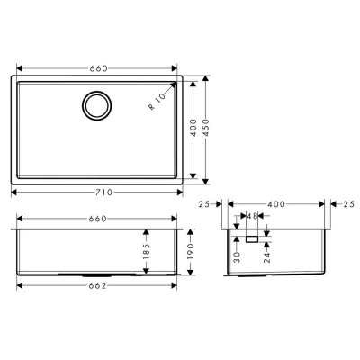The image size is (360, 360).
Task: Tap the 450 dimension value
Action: [x=205, y=128]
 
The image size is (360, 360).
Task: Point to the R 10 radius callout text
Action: [x=157, y=102]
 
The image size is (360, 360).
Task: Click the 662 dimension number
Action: [x=97, y=286]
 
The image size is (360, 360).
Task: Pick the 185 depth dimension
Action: [x=146, y=251]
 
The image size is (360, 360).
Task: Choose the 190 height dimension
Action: [x=191, y=251]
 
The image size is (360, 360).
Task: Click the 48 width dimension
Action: [x=252, y=216]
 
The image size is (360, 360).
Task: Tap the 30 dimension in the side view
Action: [x=237, y=257]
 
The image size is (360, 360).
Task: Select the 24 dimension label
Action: [x=267, y=257]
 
